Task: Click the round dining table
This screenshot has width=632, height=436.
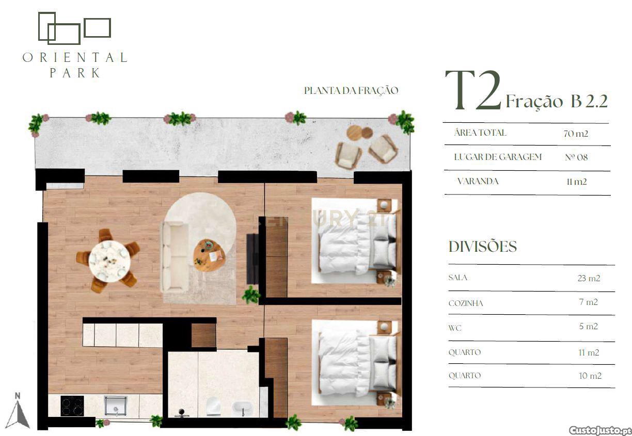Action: [x=109, y=261]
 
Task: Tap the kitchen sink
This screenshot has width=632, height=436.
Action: [x=116, y=406]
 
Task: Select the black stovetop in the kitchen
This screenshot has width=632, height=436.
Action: [x=72, y=406]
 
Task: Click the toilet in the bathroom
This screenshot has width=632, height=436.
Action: [x=212, y=406]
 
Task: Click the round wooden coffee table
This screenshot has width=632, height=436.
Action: [x=209, y=255]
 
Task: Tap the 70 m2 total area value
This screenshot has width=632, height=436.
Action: [x=576, y=134]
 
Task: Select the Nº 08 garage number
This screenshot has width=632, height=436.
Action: [x=576, y=157]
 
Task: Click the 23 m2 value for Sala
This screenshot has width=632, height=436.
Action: [x=589, y=278]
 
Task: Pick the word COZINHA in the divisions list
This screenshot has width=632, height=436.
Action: [x=466, y=303]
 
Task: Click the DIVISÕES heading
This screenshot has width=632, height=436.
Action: [x=483, y=247]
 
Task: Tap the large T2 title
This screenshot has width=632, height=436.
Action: [x=473, y=90]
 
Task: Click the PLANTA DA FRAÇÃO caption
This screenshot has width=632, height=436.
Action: [x=351, y=90]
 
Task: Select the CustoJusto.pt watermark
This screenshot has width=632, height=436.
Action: [x=600, y=430]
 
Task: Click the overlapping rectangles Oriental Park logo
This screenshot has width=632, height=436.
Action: [x=74, y=28]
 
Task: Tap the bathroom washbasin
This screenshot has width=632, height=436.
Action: [x=242, y=408]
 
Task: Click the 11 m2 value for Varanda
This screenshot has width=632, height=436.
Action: [x=577, y=182]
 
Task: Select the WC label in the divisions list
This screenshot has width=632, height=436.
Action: [x=455, y=328]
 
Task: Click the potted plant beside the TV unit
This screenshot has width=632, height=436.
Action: [x=251, y=295]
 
